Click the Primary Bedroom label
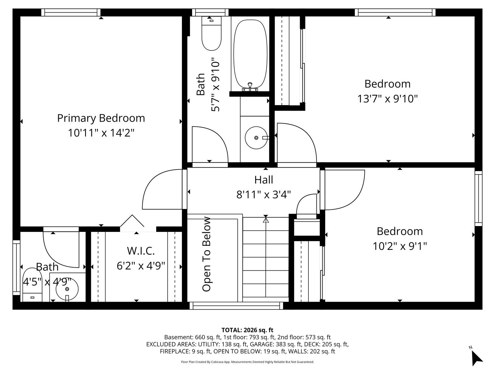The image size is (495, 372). coord(101,118)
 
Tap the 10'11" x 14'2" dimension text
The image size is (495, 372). coord(101,133)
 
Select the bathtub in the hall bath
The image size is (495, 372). coord(250,54)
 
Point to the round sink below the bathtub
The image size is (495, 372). coord(256,138)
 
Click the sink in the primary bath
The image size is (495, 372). coord(67,289)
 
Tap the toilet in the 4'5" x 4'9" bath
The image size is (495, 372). coord(32,285)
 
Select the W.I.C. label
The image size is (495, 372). coord(141,251)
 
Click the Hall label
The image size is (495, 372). coord(264,180)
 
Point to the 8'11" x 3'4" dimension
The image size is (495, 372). coord(263,194)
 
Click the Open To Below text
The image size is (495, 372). coord(207,254)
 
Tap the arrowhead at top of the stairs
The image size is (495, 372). coord(266,220)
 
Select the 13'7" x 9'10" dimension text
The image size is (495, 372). coord(387,99)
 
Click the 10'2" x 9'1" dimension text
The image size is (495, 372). coord(400,246)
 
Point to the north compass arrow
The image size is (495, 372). coord(477,358)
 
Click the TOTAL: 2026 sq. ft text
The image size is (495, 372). coord(247,330)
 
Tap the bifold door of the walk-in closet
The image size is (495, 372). coord(132,220)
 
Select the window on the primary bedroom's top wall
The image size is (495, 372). coord(71,12)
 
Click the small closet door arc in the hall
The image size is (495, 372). coord(300,201)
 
